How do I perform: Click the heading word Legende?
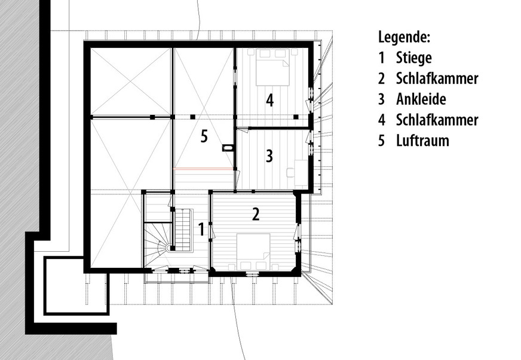coord(404,37)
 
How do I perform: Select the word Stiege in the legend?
coord(413,58)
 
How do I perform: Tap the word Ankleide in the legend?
coord(421,99)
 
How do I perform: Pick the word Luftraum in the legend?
coord(422,141)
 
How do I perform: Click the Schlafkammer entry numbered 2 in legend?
coord(437,78)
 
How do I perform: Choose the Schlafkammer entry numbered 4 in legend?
coord(437,120)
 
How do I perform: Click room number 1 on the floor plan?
coord(201,228)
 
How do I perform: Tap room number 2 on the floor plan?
coord(256,214)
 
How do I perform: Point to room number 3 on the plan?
coord(269,157)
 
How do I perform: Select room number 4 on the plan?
coord(270,100)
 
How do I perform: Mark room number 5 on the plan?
coord(204,137)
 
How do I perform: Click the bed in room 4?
coord(273,67)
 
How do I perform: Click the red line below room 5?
coord(203,169)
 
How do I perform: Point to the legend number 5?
coord(381,141)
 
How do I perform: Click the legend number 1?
coord(381,58)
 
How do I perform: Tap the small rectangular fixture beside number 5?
coord(228,147)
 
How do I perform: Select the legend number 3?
coord(381,99)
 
